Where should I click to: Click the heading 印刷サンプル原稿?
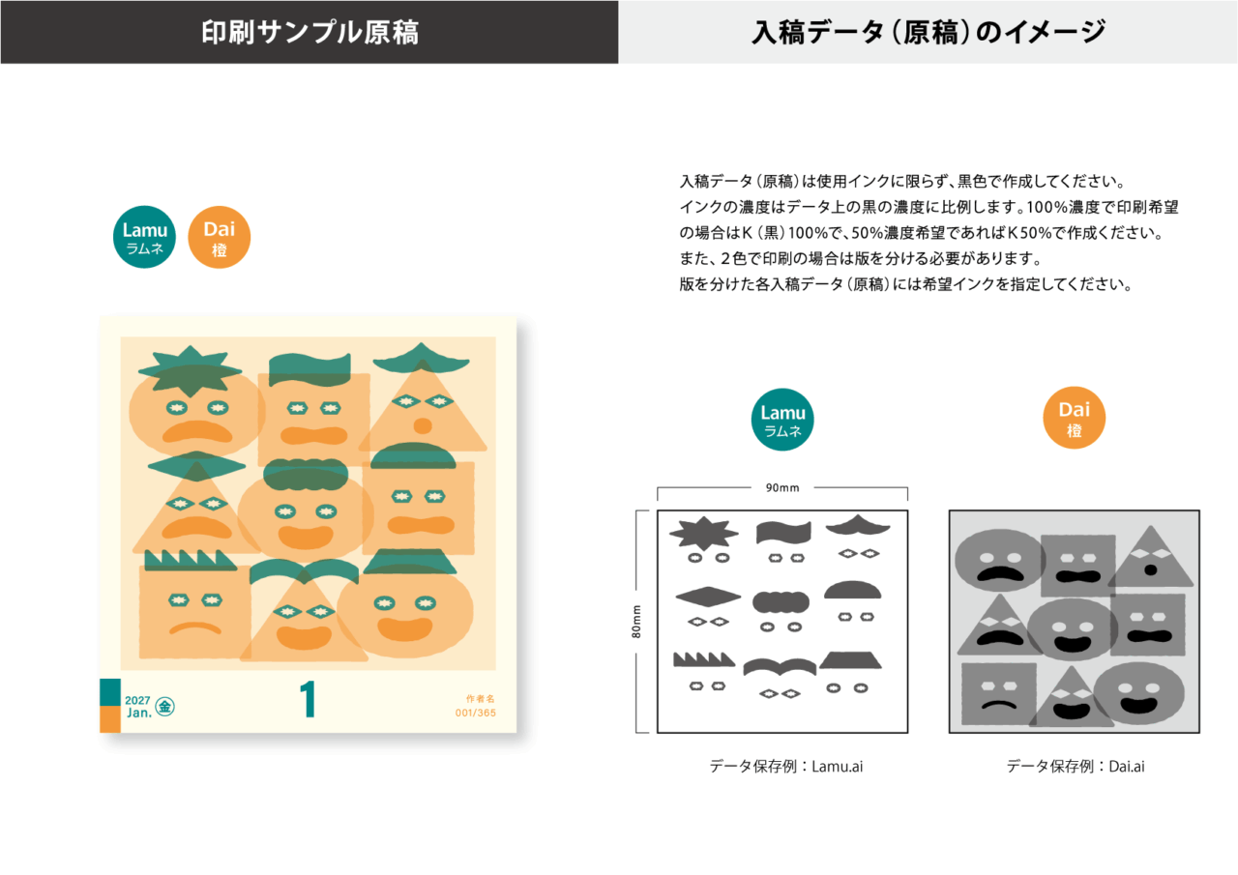tap(309, 32)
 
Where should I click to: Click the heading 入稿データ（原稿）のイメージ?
tap(928, 32)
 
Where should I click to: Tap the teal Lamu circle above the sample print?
tap(144, 237)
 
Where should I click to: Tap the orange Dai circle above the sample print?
tap(220, 237)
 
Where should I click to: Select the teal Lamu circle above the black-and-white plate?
tap(782, 420)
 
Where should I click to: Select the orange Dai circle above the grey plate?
tap(1074, 418)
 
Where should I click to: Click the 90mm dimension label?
tap(782, 487)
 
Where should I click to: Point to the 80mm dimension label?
tap(636, 622)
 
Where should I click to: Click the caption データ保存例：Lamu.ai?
tap(786, 766)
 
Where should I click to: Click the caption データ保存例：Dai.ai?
tap(1075, 766)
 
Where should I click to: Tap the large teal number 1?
tap(308, 699)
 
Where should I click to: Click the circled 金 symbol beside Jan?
tap(164, 707)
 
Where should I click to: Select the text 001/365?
tap(475, 713)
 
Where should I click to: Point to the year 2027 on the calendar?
tap(137, 700)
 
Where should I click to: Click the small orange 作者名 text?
tap(481, 699)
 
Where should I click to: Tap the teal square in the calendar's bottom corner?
tap(110, 692)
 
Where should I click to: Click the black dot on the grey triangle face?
tap(1150, 570)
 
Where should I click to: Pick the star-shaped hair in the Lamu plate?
tap(703, 533)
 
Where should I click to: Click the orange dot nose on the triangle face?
tap(423, 426)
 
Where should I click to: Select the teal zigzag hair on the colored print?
tap(191, 560)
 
